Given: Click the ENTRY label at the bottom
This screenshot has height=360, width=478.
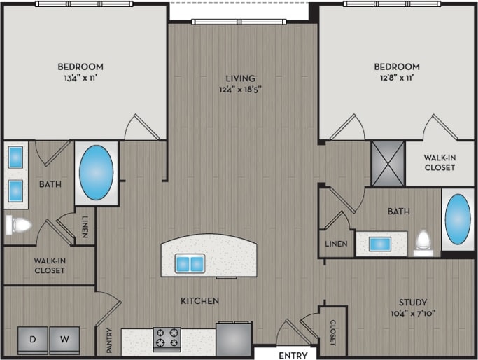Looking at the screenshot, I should pyautogui.click(x=293, y=355).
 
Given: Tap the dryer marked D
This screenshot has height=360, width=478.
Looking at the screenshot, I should pyautogui.click(x=33, y=340).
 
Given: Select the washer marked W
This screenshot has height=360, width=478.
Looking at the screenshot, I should pyautogui.click(x=64, y=340).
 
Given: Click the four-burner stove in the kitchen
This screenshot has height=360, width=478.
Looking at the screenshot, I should pyautogui.click(x=167, y=339).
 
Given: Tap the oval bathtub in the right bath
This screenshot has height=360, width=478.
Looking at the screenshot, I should pyautogui.click(x=458, y=219).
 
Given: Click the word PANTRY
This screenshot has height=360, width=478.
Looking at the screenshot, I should pyautogui.click(x=110, y=340).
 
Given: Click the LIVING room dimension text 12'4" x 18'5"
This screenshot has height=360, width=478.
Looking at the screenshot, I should pyautogui.click(x=240, y=90).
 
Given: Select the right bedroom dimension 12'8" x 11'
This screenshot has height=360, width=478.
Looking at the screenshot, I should pyautogui.click(x=395, y=78).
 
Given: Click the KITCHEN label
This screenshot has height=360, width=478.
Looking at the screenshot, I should pyautogui.click(x=200, y=300).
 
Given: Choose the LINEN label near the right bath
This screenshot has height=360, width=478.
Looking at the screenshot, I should pyautogui.click(x=335, y=244).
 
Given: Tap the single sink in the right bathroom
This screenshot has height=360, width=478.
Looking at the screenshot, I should pyautogui.click(x=380, y=244).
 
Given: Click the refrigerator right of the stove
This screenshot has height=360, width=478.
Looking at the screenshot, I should pyautogui.click(x=233, y=338).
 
